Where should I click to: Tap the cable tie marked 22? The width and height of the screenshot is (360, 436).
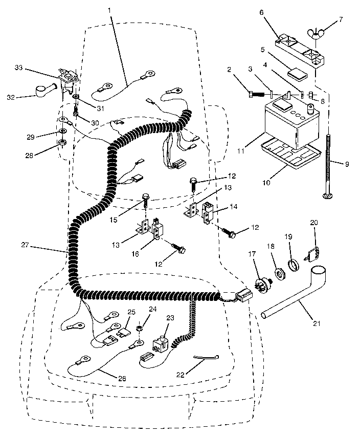(x=207, y=358)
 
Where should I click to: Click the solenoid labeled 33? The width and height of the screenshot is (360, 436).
(x=67, y=76)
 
